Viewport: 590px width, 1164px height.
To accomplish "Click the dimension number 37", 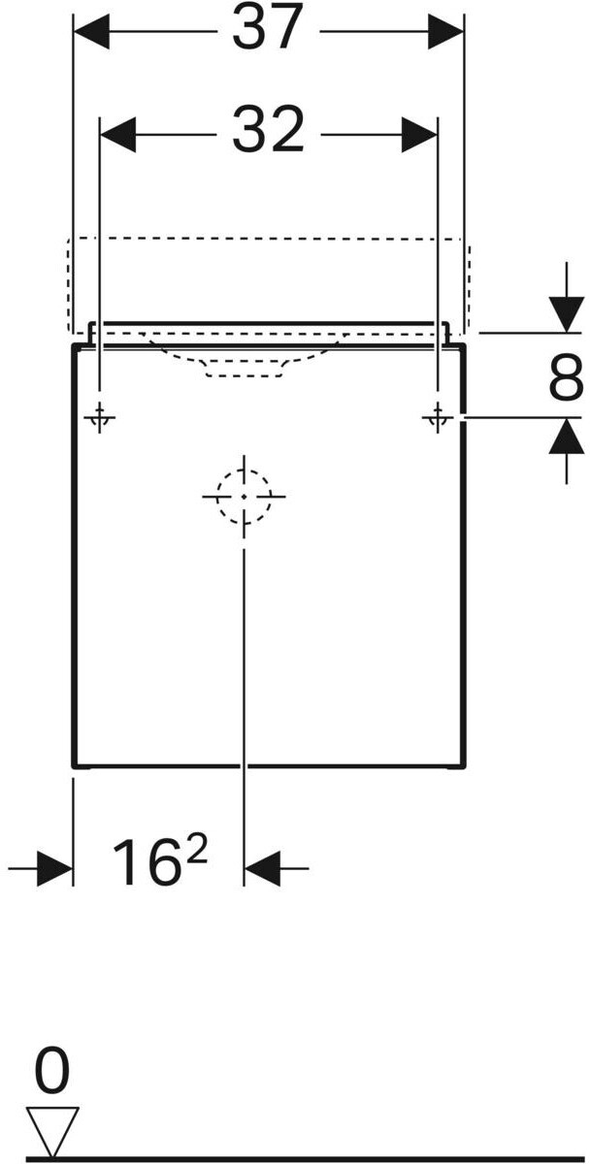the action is (x=268, y=29).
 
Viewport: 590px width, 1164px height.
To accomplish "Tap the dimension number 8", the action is (x=566, y=378).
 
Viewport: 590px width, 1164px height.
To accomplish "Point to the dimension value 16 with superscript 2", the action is (x=159, y=862).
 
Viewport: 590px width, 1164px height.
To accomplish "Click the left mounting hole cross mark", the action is (x=100, y=418).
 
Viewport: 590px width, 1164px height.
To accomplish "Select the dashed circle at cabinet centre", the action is (x=244, y=496).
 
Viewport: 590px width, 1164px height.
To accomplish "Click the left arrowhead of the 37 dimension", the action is (x=91, y=33).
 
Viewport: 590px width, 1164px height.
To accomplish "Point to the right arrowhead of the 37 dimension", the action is (x=445, y=33).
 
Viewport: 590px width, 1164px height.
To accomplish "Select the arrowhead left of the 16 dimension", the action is (x=54, y=867).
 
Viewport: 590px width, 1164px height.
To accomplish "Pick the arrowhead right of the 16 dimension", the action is (x=261, y=867).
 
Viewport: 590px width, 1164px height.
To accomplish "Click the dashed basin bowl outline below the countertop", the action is (x=244, y=363).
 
